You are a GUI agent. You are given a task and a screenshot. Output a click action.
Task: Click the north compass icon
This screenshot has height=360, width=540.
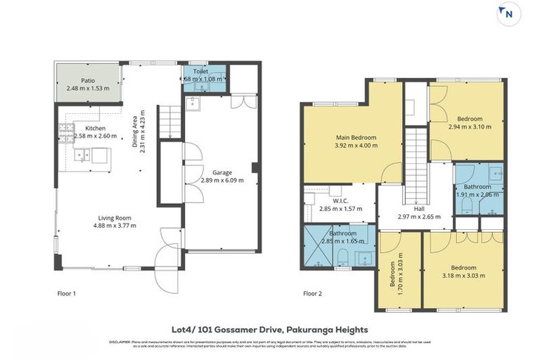tap(508, 13)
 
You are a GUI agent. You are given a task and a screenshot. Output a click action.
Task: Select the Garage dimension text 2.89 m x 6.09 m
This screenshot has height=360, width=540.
tap(223, 180)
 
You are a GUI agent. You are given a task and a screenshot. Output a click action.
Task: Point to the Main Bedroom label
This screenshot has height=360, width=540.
tap(355, 137)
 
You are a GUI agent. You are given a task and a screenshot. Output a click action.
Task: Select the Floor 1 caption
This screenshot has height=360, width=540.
tap(66, 293)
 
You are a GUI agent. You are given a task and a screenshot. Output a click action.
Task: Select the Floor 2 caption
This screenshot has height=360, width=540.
tap(312, 293)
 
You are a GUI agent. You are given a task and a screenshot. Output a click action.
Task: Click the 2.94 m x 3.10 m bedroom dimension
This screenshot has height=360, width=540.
tap(469, 127)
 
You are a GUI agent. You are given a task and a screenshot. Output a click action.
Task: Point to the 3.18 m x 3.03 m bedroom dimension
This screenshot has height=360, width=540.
tap(463, 276)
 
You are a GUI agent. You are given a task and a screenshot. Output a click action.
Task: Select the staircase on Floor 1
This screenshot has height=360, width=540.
tap(168, 122)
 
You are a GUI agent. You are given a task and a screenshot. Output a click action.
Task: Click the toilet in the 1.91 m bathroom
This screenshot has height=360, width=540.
tap(467, 203)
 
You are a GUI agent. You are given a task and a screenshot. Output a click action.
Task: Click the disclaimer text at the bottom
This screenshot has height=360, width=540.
tap(269, 344)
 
